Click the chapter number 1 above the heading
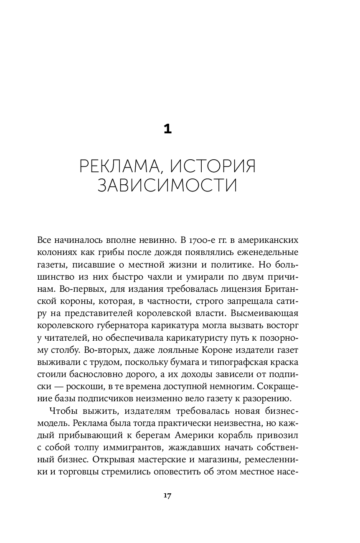tap(167, 129)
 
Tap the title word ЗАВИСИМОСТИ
tap(167, 185)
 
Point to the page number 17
tap(167, 496)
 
